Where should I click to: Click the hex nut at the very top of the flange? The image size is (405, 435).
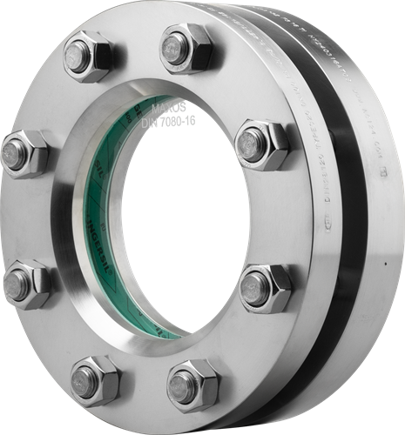(185, 48)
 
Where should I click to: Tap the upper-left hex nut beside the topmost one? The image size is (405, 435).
(87, 58)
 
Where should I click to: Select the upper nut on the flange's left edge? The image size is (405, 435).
(25, 154)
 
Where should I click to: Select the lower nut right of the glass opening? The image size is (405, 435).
(264, 287)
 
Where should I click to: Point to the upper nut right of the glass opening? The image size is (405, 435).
(260, 144)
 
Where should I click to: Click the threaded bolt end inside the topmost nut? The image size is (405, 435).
(179, 43)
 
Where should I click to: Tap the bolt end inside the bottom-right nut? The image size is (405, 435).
(185, 382)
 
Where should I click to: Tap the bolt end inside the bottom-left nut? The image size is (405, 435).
(85, 378)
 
